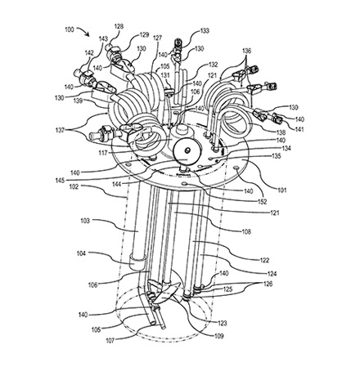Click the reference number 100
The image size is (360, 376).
point(70,29)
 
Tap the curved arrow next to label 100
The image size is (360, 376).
point(84,30)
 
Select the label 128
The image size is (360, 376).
point(119,26)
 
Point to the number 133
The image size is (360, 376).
point(205,31)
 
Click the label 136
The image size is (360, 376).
point(246,51)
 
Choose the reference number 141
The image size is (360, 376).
point(299,129)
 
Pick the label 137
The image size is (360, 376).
point(60,131)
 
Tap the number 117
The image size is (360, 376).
point(103,154)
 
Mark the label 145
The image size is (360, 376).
point(60,181)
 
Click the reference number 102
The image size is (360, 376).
point(74,186)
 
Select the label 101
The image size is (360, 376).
point(282,190)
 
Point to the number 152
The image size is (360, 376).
point(262,201)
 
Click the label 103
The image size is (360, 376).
point(85,221)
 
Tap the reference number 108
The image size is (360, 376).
point(246,231)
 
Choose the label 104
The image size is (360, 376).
point(81,253)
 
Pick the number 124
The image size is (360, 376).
point(272,274)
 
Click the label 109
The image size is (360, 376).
point(218,336)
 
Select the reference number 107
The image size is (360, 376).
point(110,341)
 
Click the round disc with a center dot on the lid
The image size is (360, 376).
point(187,150)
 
